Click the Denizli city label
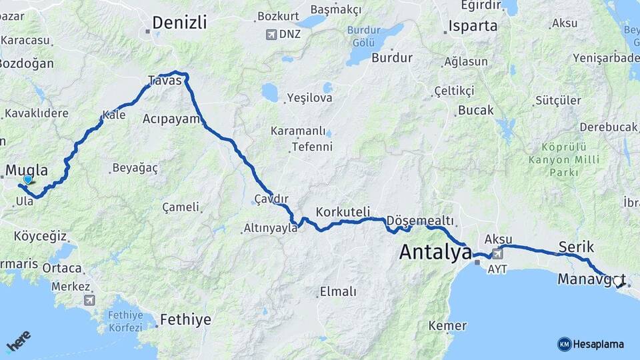179,23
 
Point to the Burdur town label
392,58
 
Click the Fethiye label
185,320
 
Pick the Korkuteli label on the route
343,211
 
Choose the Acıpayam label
171,119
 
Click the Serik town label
576,247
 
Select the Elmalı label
338,291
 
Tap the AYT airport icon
497,254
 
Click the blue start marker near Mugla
27,179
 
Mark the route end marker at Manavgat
621,283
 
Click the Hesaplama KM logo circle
565,344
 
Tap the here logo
19,342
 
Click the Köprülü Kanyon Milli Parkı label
563,160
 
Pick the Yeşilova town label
309,98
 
